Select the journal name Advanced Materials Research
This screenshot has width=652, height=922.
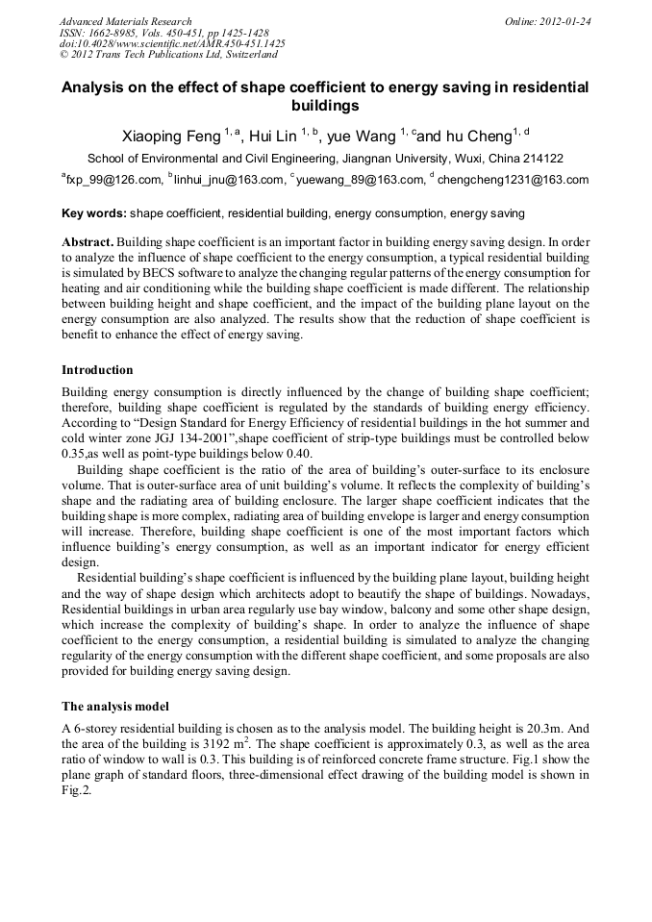[x=125, y=21]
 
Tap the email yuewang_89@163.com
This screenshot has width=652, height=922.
[x=361, y=179]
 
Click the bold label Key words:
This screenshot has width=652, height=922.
[x=94, y=212]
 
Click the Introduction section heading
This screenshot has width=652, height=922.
[x=97, y=370]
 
